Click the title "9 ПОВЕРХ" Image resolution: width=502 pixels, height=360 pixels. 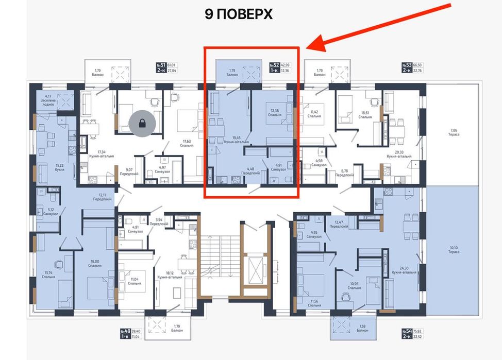coord(239,14)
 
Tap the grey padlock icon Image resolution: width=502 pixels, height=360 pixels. coord(140,123)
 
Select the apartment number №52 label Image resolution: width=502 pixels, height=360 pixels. coord(274,65)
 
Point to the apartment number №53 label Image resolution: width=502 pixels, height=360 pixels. coord(407,65)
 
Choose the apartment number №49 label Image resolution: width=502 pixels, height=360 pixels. coord(125,331)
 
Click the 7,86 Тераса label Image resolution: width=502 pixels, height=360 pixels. coord(454,132)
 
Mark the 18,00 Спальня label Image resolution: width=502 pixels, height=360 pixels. coord(94,264)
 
